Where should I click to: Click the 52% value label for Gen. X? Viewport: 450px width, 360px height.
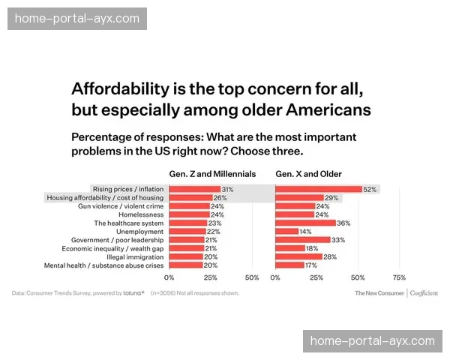tap(370, 190)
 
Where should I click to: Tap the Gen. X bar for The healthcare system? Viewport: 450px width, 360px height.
tap(305, 223)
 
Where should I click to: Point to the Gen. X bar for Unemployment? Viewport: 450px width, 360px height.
tap(286, 231)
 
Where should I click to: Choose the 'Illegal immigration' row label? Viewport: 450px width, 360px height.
tap(135, 256)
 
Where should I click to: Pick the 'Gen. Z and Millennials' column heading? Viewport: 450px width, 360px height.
tap(212, 174)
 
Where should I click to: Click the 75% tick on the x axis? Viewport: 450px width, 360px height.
tap(399, 277)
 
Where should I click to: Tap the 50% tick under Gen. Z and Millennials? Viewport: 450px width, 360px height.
tap(252, 277)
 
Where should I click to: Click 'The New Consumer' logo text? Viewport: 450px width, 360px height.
tap(379, 293)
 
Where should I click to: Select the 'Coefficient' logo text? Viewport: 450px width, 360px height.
tap(425, 293)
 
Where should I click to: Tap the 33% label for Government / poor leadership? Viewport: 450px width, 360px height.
tap(337, 240)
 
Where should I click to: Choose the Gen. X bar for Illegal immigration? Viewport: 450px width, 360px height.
tap(298, 256)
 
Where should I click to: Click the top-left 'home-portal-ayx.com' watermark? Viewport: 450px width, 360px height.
tap(77, 18)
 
